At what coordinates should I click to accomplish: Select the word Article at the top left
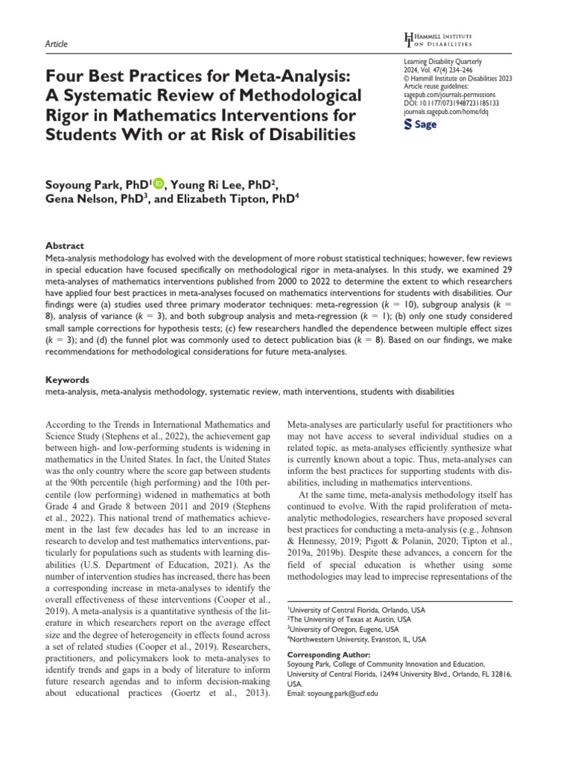coord(57,44)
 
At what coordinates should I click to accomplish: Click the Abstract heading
coord(64,246)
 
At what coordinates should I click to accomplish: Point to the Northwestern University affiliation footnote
coord(357,639)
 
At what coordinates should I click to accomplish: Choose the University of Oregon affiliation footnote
coord(343,629)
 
